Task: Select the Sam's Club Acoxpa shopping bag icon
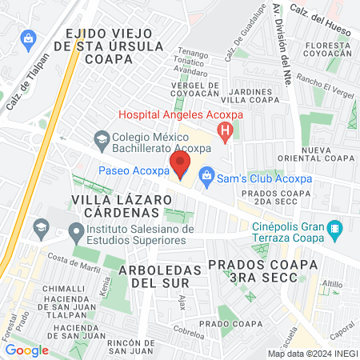coord(206,174)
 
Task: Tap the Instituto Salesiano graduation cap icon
coord(77,234)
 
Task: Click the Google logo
coord(26,349)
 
